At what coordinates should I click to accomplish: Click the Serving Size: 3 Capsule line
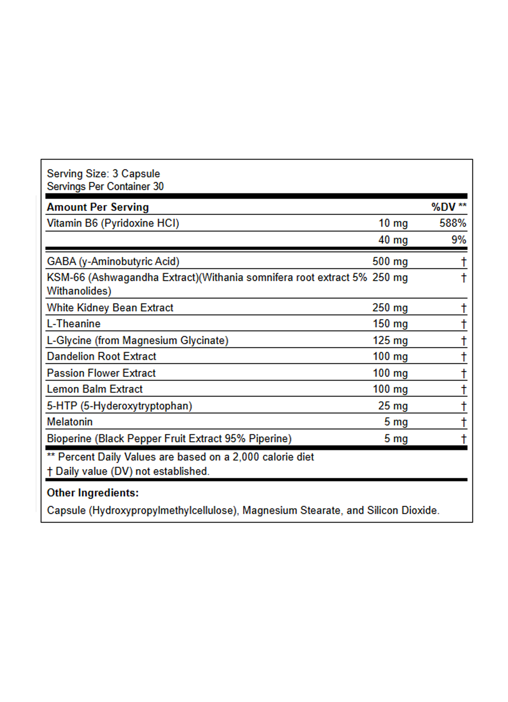[x=103, y=174]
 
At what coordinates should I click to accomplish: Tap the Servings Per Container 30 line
[x=105, y=186]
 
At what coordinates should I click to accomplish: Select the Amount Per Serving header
[x=98, y=207]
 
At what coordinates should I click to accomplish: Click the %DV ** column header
[x=449, y=207]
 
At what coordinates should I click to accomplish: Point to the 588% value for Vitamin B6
[x=453, y=223]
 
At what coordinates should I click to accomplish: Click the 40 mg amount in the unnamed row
[x=393, y=240]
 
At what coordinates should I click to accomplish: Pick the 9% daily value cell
[x=458, y=240]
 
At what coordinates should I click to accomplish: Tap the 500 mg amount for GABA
[x=390, y=262]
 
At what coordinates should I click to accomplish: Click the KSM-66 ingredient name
[x=66, y=277]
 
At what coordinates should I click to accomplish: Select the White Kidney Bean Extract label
[x=110, y=308]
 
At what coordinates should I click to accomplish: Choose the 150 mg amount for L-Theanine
[x=390, y=324]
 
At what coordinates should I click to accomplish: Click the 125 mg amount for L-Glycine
[x=390, y=341]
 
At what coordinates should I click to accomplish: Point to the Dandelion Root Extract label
[x=101, y=356]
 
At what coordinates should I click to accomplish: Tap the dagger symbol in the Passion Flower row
[x=464, y=373]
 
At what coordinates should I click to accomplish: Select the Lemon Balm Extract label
[x=94, y=389]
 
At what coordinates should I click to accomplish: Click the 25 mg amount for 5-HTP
[x=393, y=406]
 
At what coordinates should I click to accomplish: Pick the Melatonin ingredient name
[x=70, y=422]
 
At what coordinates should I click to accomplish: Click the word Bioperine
[x=69, y=438]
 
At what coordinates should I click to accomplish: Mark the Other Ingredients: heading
[x=93, y=493]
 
